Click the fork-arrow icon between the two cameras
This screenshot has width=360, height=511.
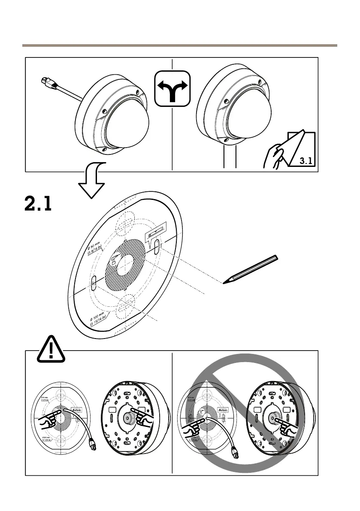172,88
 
